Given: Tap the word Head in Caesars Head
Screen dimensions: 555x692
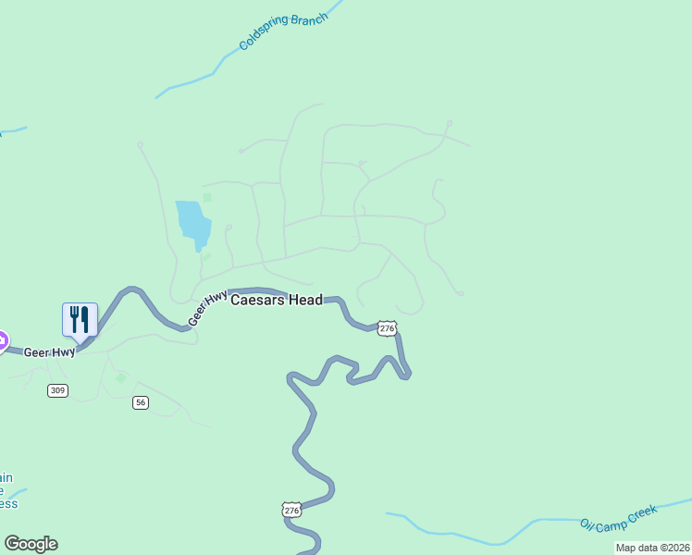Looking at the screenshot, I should click(x=306, y=300).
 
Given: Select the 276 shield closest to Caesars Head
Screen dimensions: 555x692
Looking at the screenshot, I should click(x=387, y=328).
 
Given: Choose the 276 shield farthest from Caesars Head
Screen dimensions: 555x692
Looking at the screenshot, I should click(x=292, y=510).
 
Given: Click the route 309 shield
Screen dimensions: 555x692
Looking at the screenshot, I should click(x=57, y=391).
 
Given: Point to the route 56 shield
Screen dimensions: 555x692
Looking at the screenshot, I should click(x=141, y=402).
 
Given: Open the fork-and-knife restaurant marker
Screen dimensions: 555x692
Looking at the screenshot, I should click(x=80, y=320).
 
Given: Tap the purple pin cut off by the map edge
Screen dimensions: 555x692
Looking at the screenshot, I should click(x=2, y=340).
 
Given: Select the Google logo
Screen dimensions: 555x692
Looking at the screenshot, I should click(x=31, y=544).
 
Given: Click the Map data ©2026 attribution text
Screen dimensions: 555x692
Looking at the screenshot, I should click(x=653, y=548).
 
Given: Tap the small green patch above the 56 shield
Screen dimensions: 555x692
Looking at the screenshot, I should click(x=120, y=378).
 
